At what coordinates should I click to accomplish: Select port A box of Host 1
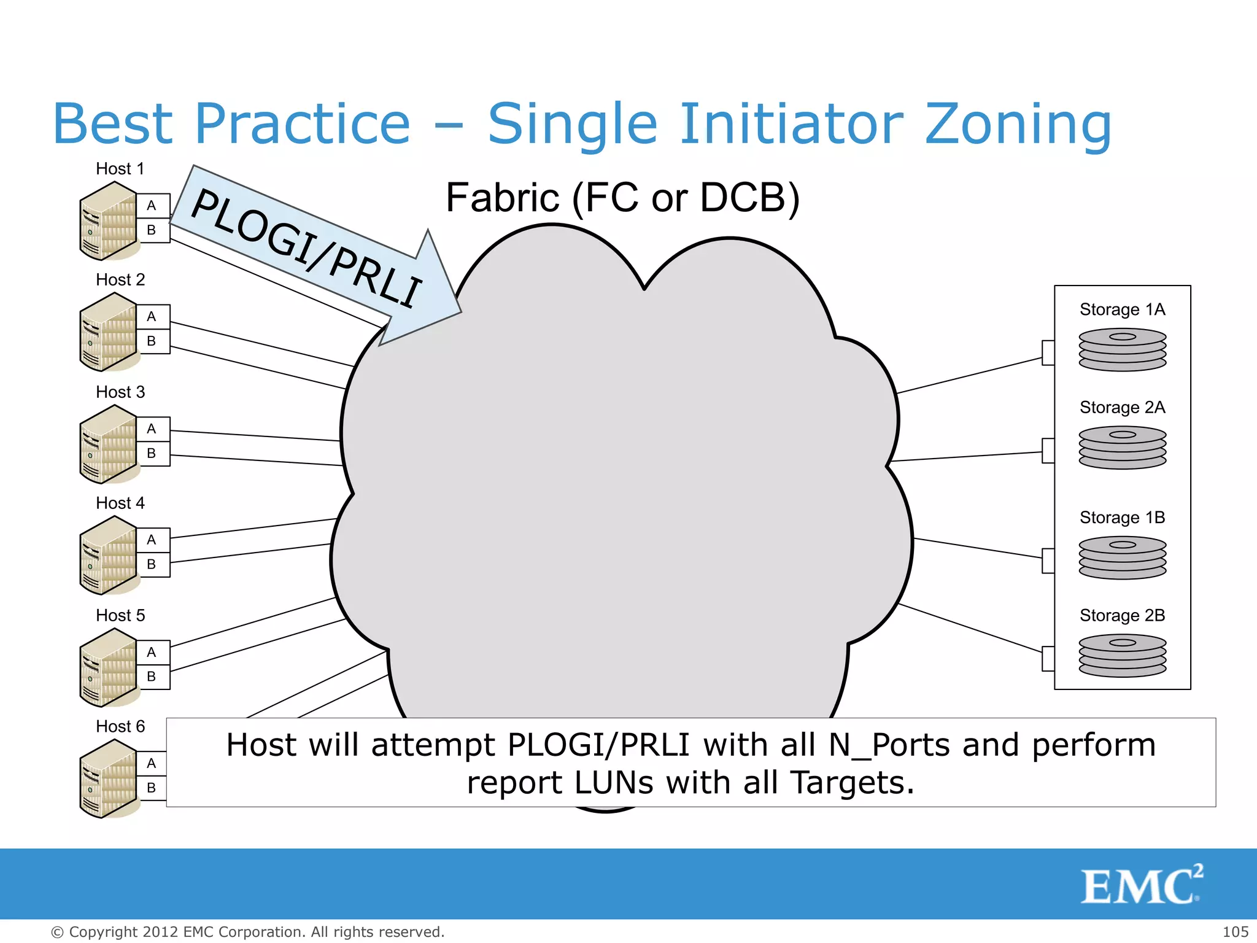pyautogui.click(x=152, y=206)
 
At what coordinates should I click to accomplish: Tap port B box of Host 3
pyautogui.click(x=152, y=454)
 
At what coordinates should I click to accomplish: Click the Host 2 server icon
pyautogui.click(x=108, y=332)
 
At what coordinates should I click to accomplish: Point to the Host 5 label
pyautogui.click(x=120, y=615)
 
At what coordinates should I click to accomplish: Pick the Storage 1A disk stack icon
pyautogui.click(x=1122, y=349)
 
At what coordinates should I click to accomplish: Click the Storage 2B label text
pyautogui.click(x=1122, y=615)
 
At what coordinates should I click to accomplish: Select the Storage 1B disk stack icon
pyautogui.click(x=1122, y=557)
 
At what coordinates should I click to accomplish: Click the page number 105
pyautogui.click(x=1235, y=932)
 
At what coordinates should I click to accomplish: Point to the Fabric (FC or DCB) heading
pyautogui.click(x=622, y=198)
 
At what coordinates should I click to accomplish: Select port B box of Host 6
pyautogui.click(x=152, y=788)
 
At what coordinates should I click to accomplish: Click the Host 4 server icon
pyautogui.click(x=108, y=556)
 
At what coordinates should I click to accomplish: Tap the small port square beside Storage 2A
pyautogui.click(x=1048, y=451)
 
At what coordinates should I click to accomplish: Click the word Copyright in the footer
pyautogui.click(x=104, y=932)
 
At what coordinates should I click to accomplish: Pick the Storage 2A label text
pyautogui.click(x=1122, y=408)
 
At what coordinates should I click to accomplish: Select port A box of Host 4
pyautogui.click(x=152, y=540)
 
